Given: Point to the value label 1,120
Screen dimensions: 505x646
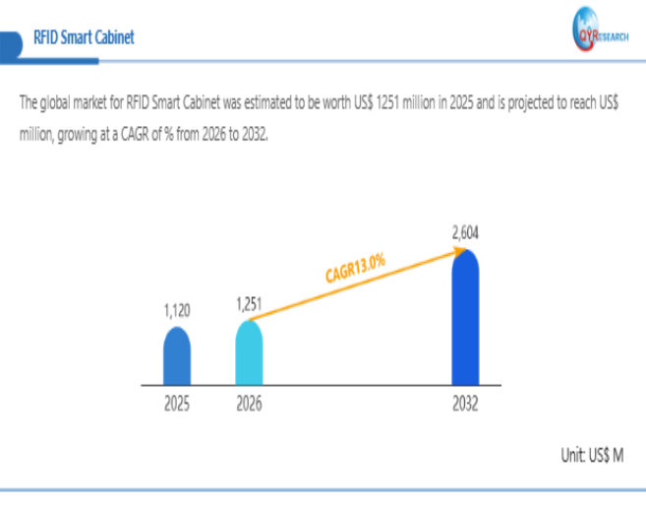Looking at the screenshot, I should [x=177, y=310].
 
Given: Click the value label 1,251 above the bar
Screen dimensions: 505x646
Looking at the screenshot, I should [x=249, y=304].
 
